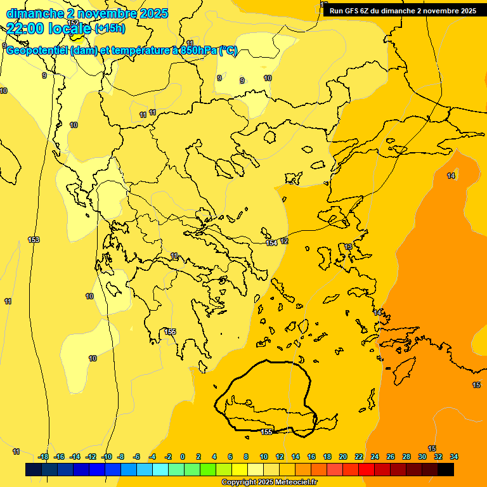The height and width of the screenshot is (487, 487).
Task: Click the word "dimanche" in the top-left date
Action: (x=31, y=13)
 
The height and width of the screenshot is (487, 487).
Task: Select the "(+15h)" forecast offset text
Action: (x=110, y=29)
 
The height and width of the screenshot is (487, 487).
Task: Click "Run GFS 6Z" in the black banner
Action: (x=353, y=11)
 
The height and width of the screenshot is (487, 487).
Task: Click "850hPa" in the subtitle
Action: (x=198, y=51)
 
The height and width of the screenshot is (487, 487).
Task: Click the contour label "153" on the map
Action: (x=34, y=240)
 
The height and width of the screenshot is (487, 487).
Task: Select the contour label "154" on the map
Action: (x=271, y=243)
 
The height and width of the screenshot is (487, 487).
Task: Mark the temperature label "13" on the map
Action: (x=348, y=247)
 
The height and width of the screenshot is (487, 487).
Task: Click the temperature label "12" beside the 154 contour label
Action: (x=284, y=242)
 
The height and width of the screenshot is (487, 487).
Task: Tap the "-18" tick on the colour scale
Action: (x=44, y=457)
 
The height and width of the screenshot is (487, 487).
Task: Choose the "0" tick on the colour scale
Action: (x=183, y=457)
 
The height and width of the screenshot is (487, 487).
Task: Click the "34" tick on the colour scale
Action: (x=453, y=457)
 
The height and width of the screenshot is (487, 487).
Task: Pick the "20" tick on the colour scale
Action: (x=343, y=457)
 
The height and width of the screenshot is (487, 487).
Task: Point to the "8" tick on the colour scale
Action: (x=245, y=457)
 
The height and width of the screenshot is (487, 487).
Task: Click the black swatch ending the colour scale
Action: (x=446, y=469)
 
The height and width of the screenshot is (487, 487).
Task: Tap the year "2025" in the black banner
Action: (x=466, y=11)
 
